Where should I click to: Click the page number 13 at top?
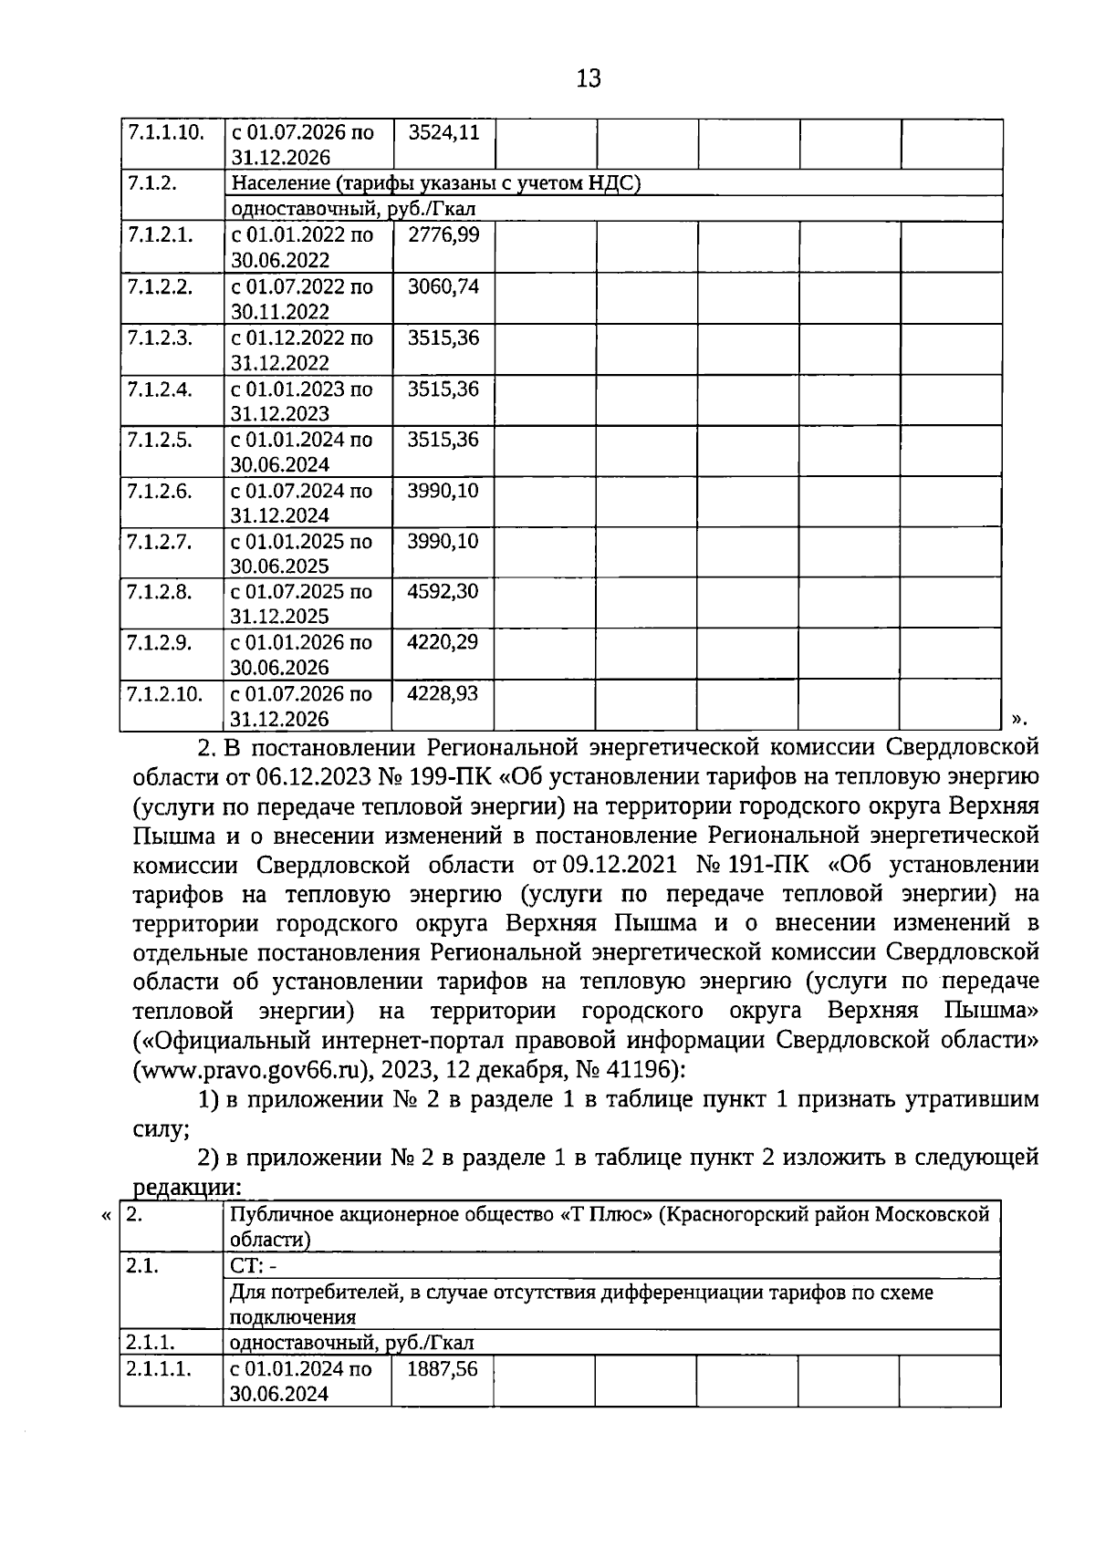click(x=589, y=78)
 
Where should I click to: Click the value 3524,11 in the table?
click(x=443, y=132)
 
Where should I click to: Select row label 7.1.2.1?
click(x=160, y=234)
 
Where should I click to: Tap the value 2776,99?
click(x=443, y=234)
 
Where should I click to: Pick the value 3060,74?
click(x=443, y=286)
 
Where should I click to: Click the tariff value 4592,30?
click(x=443, y=591)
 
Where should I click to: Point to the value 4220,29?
click(x=443, y=642)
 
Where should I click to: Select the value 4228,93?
click(x=443, y=693)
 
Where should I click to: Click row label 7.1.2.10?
click(x=164, y=693)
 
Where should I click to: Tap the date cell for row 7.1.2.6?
click(x=302, y=503)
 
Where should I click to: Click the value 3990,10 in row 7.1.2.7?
click(x=443, y=541)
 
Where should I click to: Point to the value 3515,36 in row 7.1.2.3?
click(x=443, y=338)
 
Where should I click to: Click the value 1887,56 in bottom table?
click(x=442, y=1369)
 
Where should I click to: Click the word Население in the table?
click(x=278, y=183)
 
